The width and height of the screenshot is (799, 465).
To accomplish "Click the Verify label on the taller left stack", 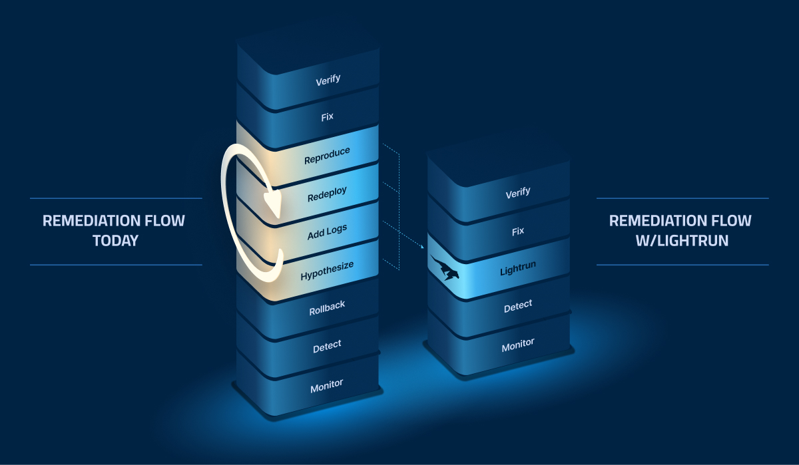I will [x=327, y=79].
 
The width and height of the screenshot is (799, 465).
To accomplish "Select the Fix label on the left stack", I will [x=327, y=116].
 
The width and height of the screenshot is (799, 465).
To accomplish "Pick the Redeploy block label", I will [x=327, y=194].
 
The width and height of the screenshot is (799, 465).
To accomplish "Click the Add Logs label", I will [x=327, y=232].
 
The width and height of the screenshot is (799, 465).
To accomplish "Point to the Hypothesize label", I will [x=327, y=271].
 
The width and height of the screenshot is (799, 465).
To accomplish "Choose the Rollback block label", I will [x=327, y=308].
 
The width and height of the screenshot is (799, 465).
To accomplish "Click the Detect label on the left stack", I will [x=327, y=345].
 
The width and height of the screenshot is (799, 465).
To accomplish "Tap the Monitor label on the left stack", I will [x=327, y=384].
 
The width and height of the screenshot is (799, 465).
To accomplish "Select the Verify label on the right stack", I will [x=518, y=192].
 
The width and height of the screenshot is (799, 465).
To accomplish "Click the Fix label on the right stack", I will [x=518, y=231].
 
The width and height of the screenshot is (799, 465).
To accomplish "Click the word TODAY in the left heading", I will [x=115, y=241].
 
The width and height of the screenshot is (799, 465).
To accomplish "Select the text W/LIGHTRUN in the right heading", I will [x=681, y=241].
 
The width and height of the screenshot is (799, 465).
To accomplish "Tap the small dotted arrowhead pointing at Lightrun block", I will [x=423, y=247].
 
